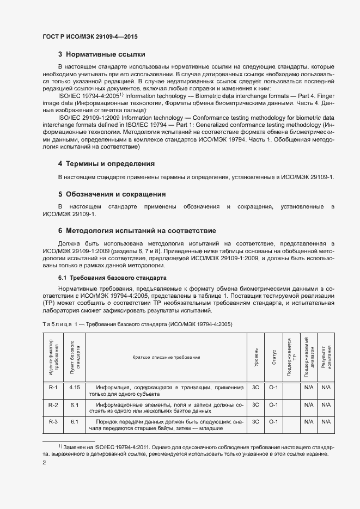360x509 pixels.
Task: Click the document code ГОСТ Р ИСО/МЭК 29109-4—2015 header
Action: coord(90,37)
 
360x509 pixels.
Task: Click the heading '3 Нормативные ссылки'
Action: coord(101,54)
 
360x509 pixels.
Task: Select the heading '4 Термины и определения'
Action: coord(106,163)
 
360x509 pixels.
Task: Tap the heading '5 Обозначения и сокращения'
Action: coord(112,194)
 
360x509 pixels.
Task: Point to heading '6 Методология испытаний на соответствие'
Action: coord(137,231)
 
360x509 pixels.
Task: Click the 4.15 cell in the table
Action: coord(75,388)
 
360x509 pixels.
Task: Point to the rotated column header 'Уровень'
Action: coord(255,357)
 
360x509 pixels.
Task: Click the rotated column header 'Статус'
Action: coord(273,357)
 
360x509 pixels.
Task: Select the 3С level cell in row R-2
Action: coord(255,405)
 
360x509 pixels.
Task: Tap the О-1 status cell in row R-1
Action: coord(273,388)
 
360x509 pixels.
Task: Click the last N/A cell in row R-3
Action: coord(326,422)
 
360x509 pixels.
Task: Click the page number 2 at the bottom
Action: coord(44,463)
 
